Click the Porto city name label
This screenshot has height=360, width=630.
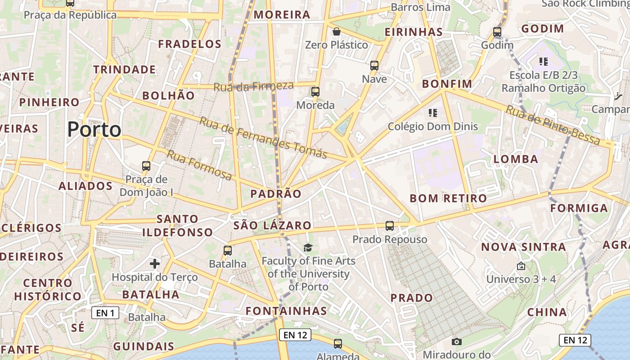[x=94, y=130]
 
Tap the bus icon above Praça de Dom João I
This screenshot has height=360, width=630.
[x=146, y=166]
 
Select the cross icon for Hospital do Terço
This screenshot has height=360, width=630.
[x=155, y=263]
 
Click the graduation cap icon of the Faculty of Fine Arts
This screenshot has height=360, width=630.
[x=308, y=247]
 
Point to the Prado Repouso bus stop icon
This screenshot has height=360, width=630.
[x=390, y=225]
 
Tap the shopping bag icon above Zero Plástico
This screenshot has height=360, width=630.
[x=336, y=31]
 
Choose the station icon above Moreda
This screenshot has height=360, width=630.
[x=315, y=92]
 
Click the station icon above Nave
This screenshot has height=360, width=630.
[x=374, y=66]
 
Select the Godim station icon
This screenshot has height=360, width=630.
[x=497, y=32]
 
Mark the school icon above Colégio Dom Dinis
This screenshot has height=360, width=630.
[x=433, y=112]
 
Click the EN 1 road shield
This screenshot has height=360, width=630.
[x=105, y=313]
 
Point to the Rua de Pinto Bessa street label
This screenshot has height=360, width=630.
[x=553, y=125]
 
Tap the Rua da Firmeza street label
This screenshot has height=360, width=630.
[x=253, y=86]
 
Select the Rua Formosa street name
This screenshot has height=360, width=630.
[x=199, y=165]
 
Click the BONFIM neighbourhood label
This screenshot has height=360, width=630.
[x=447, y=84]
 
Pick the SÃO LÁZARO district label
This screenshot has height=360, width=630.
[x=272, y=225]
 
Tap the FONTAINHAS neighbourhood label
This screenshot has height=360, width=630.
[x=286, y=311]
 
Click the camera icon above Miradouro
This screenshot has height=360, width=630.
[x=457, y=342]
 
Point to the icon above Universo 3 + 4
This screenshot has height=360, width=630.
[x=521, y=266]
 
